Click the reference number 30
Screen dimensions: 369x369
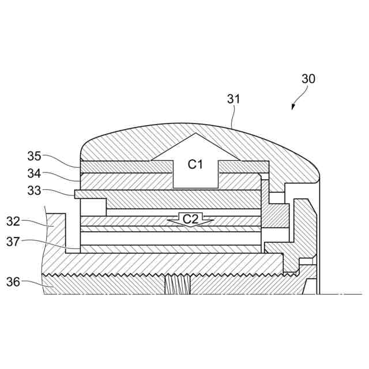(308, 80)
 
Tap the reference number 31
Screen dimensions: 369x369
(233, 99)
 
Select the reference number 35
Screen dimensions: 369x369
(35, 156)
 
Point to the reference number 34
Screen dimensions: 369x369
(35, 173)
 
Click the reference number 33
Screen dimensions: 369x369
(35, 189)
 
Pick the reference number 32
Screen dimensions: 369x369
(14, 221)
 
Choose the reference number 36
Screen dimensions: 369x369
(14, 282)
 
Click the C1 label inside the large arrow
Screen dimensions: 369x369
(195, 165)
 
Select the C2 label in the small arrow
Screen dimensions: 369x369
(190, 219)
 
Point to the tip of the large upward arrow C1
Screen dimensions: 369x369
(195, 135)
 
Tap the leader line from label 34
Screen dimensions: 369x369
(61, 175)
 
